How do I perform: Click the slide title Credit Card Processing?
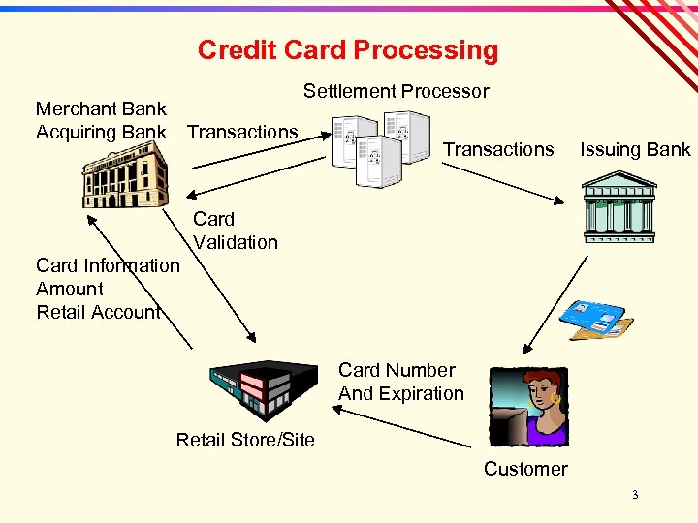coord(347,50)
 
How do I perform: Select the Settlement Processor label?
coord(396,91)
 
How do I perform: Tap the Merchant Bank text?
coord(101,108)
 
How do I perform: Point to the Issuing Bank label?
coord(635,149)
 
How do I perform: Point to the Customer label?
coord(525,469)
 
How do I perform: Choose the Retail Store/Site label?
coord(245,440)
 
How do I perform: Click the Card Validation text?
coord(235,231)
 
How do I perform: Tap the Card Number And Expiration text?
coord(400,382)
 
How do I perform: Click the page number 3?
coord(635,495)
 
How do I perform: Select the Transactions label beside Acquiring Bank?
coord(242,132)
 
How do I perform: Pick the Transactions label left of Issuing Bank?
coord(498,149)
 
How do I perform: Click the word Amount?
coord(70,289)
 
